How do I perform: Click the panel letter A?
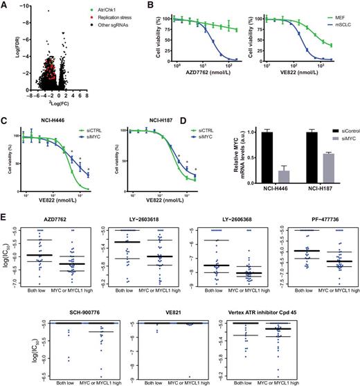pos(5,6)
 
